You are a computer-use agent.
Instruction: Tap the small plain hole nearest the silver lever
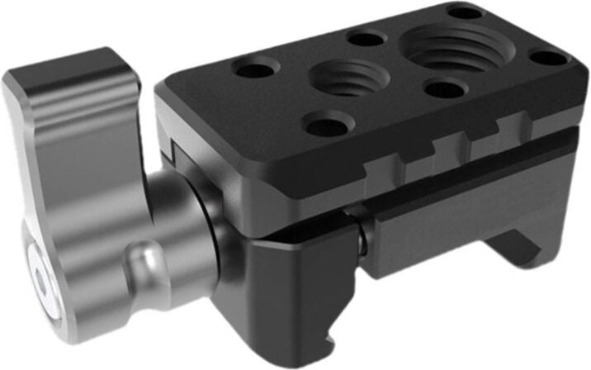tap(256, 69)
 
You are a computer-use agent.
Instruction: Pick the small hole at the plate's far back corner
tap(465, 12)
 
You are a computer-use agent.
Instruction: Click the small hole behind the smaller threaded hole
tap(364, 38)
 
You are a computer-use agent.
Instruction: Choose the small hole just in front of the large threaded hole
tap(444, 89)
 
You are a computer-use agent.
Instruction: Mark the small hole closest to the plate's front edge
tap(328, 126)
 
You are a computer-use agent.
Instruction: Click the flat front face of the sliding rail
tap(462, 223)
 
